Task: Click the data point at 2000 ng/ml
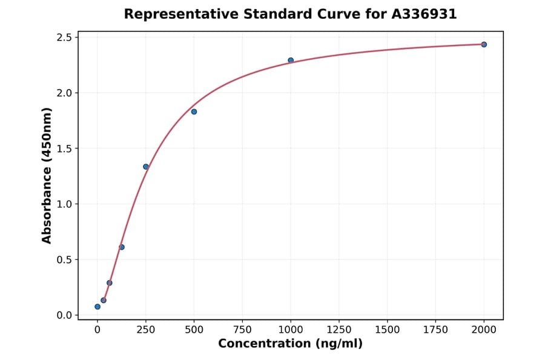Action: point(484,44)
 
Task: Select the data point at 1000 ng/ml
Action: point(291,61)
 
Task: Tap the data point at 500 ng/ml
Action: point(194,112)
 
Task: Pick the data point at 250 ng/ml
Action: point(146,167)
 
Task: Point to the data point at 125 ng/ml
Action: point(122,247)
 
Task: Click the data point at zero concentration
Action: point(97,307)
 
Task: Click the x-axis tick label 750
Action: point(242,330)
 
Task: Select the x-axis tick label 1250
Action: point(339,330)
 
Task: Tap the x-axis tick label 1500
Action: point(388,330)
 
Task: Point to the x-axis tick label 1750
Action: point(436,330)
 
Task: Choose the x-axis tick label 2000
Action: point(484,330)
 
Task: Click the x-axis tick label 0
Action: point(97,330)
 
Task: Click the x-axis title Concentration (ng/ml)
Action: point(290,344)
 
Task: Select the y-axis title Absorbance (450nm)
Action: point(47,176)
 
